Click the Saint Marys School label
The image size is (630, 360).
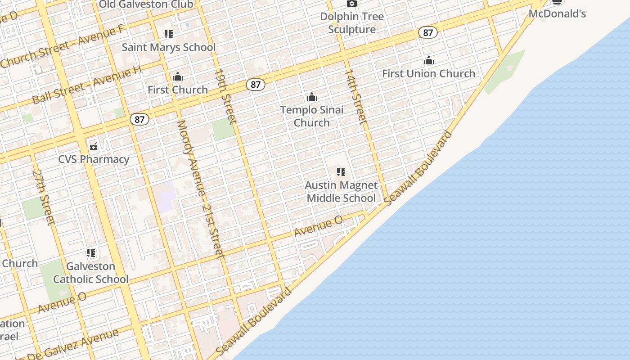(x=168, y=47)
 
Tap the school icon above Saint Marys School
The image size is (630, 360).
(x=169, y=34)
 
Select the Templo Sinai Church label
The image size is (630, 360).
(x=311, y=116)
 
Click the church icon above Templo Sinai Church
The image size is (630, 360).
(x=311, y=97)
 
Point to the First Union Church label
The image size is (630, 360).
(x=428, y=73)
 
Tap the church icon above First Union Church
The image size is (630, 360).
(x=428, y=60)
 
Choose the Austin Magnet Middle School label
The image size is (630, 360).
(x=341, y=192)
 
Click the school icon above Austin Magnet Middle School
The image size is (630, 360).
(x=341, y=172)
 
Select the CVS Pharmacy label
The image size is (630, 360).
(x=94, y=159)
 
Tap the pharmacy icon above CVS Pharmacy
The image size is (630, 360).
(x=94, y=146)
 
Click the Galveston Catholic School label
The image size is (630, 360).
(x=91, y=273)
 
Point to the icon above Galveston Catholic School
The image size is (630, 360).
(x=91, y=253)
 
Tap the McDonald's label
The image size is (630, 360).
(x=557, y=13)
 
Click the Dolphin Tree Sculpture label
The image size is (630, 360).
(x=352, y=23)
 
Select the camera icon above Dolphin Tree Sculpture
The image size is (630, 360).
(x=352, y=4)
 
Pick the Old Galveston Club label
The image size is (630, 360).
(x=146, y=4)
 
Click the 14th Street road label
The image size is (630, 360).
(x=355, y=96)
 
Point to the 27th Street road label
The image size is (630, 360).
(x=44, y=197)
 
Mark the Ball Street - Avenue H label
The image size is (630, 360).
(x=87, y=85)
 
